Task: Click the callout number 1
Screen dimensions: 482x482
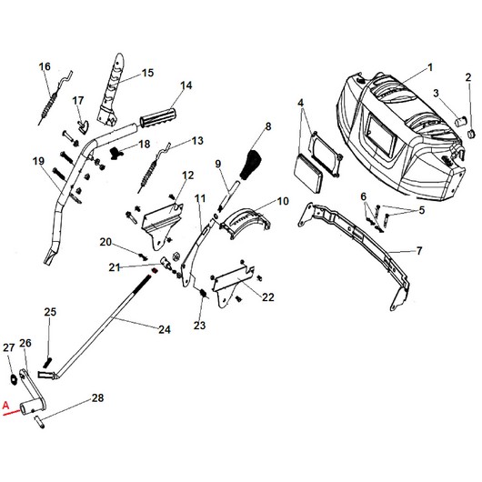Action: (x=430, y=66)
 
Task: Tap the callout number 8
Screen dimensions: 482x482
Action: (x=267, y=125)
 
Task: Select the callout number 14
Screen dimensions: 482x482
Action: (x=186, y=86)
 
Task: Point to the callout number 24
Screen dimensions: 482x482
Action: (x=165, y=328)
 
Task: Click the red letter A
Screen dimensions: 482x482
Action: (x=7, y=407)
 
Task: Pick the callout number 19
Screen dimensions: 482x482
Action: (x=38, y=162)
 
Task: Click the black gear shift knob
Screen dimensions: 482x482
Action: (x=250, y=166)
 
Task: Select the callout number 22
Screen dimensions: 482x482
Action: (x=267, y=296)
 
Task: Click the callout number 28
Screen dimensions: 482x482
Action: (x=97, y=398)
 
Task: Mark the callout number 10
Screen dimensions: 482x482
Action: (x=282, y=200)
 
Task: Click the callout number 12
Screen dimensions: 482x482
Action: (x=188, y=175)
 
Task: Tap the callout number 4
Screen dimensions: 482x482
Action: (x=300, y=104)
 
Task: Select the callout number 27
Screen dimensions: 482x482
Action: (x=8, y=348)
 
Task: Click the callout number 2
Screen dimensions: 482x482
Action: (x=467, y=76)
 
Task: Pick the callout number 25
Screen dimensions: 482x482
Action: (x=50, y=312)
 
